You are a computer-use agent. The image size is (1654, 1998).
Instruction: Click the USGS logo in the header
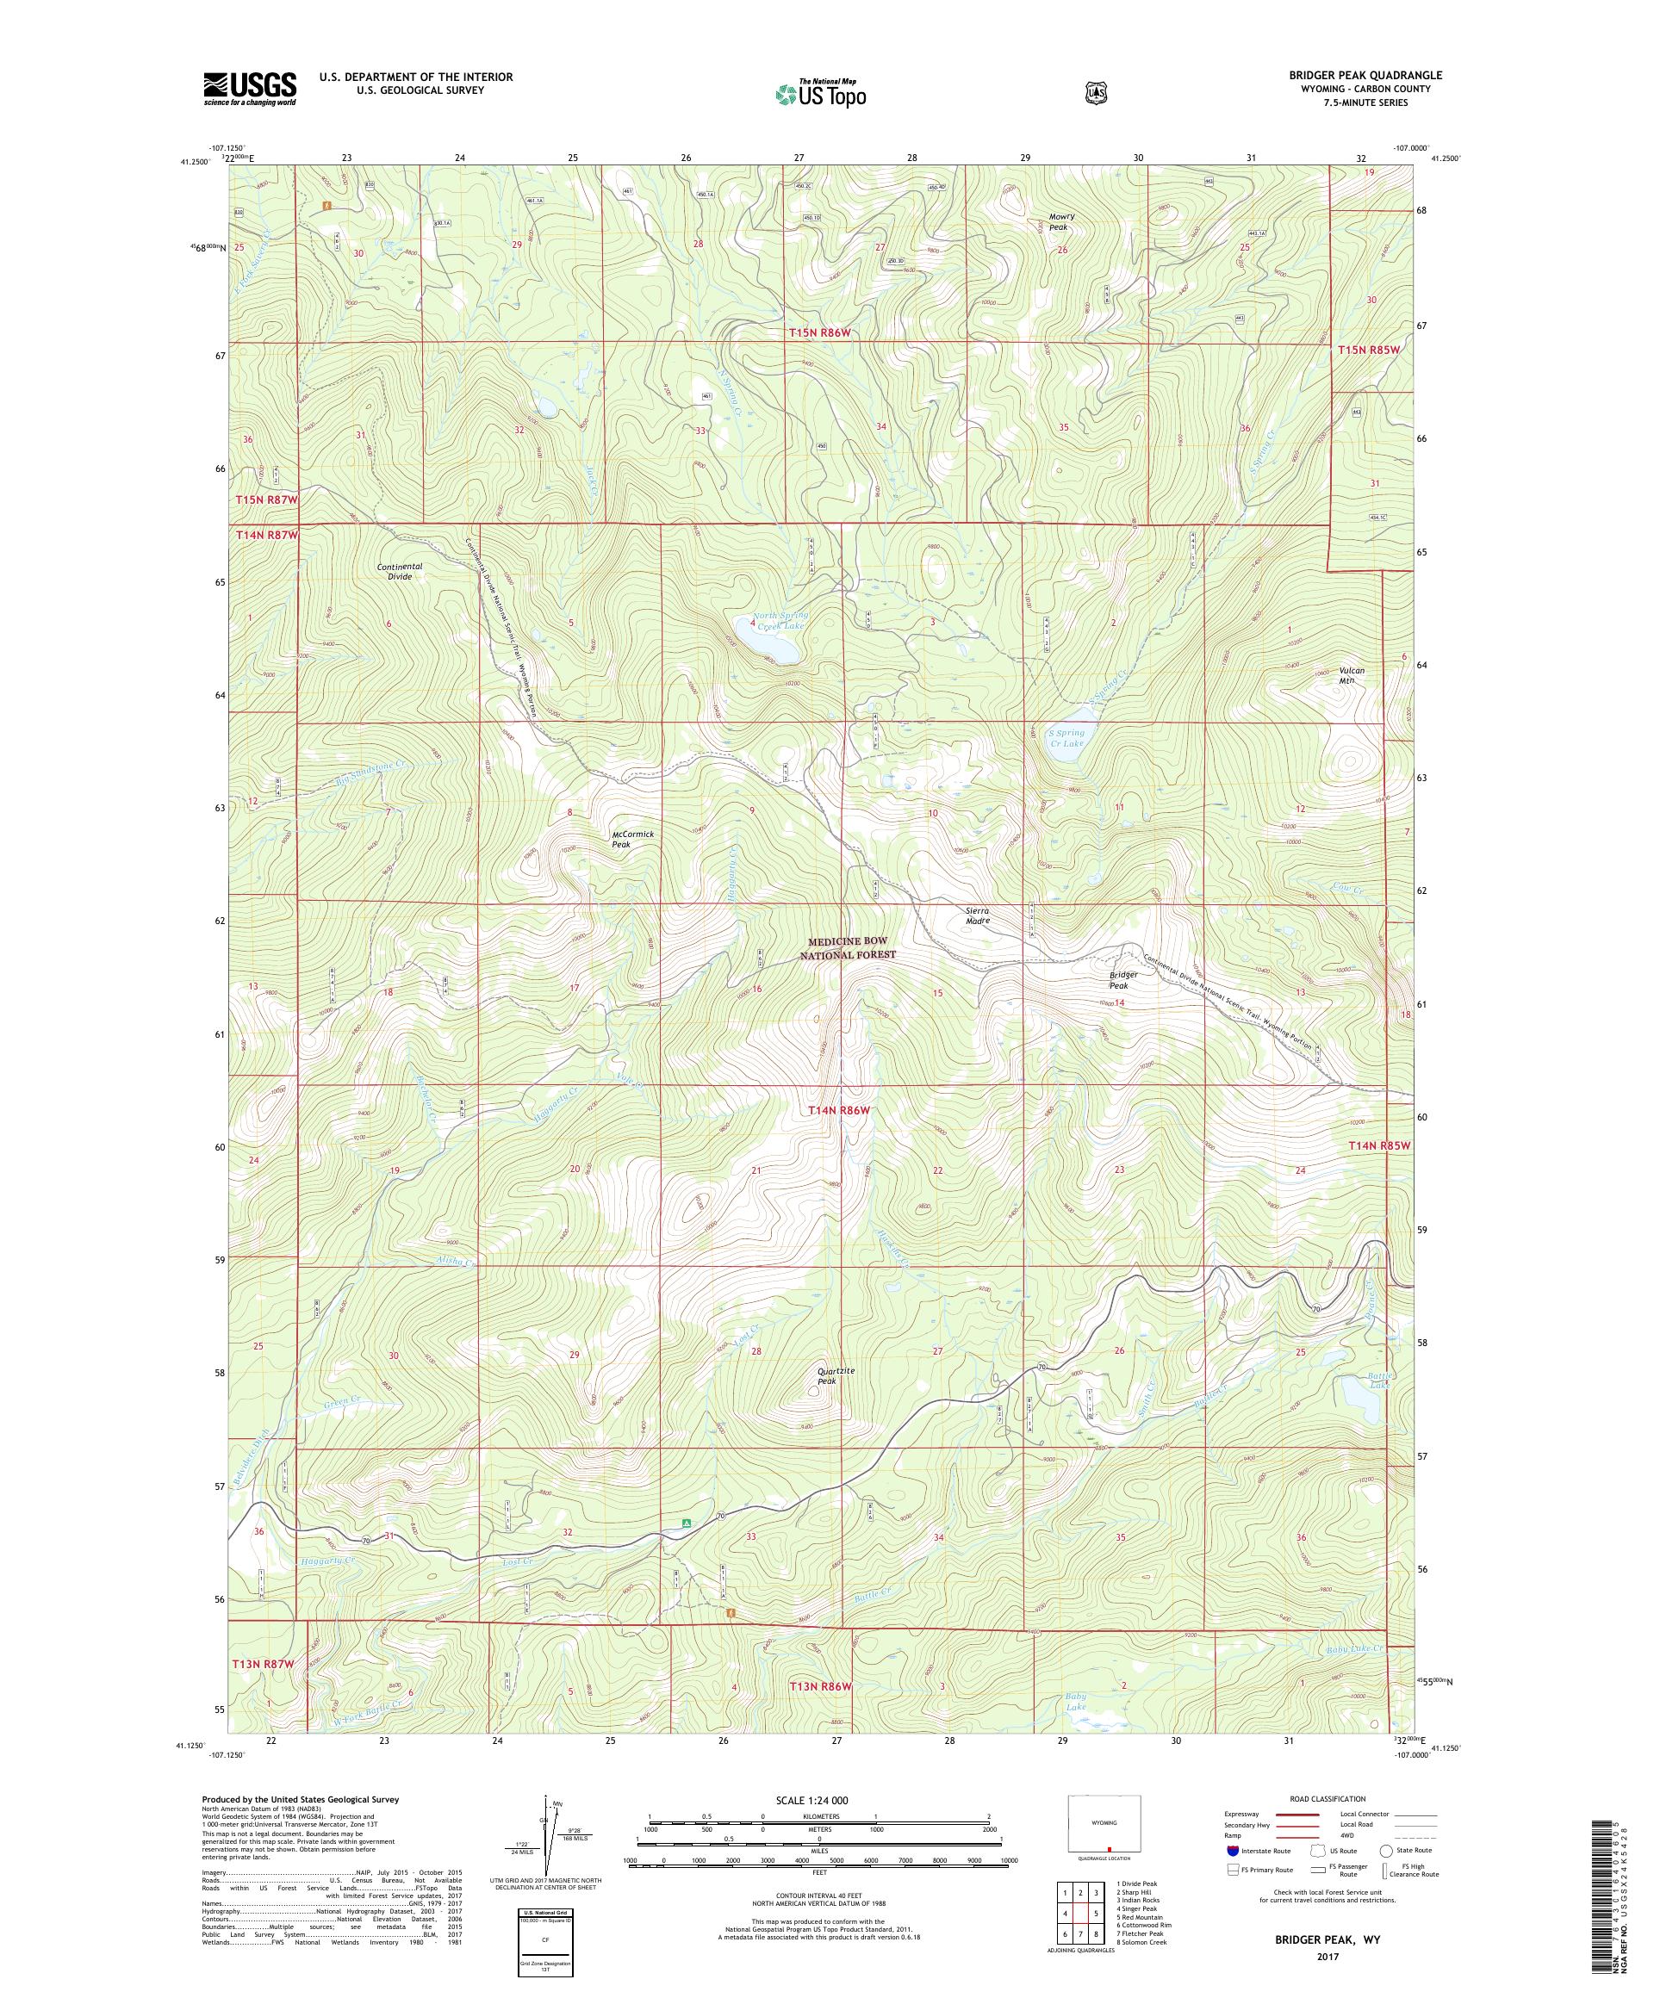249,90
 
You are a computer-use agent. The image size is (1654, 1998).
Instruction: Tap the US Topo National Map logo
820,93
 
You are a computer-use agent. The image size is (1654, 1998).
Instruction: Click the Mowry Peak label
1060,221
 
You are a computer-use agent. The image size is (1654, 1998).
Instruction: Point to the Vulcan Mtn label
1352,674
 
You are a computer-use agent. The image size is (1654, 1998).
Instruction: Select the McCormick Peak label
634,838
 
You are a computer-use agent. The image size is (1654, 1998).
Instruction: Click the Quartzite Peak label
836,1374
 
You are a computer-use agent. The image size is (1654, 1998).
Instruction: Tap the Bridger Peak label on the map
1125,981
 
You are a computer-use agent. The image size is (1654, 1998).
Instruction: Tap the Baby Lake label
1074,1700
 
